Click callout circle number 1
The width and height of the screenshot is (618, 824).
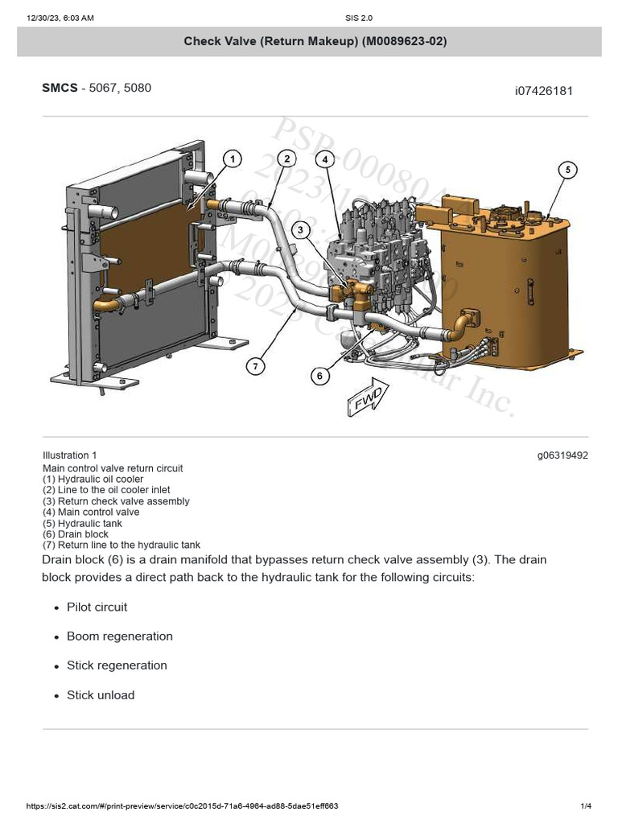tap(232, 159)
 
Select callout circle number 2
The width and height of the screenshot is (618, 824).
tap(286, 159)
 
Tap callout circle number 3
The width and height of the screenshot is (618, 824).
tap(300, 230)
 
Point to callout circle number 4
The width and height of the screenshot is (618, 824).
tap(325, 159)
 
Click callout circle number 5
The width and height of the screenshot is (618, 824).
tap(567, 170)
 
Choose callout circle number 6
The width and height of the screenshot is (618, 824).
tap(320, 376)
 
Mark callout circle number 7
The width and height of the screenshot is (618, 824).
tap(255, 366)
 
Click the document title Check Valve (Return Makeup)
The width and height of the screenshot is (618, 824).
tap(315, 41)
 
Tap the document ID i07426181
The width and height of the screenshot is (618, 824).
tap(544, 91)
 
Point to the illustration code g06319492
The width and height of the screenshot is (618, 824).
tap(562, 455)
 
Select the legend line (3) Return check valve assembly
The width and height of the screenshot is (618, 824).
tap(116, 501)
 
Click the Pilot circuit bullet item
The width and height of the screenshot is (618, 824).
tap(97, 607)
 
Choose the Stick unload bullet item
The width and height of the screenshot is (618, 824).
tap(101, 694)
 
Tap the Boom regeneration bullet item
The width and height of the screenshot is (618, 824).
tap(119, 636)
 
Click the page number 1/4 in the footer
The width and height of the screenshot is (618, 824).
tap(586, 806)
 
